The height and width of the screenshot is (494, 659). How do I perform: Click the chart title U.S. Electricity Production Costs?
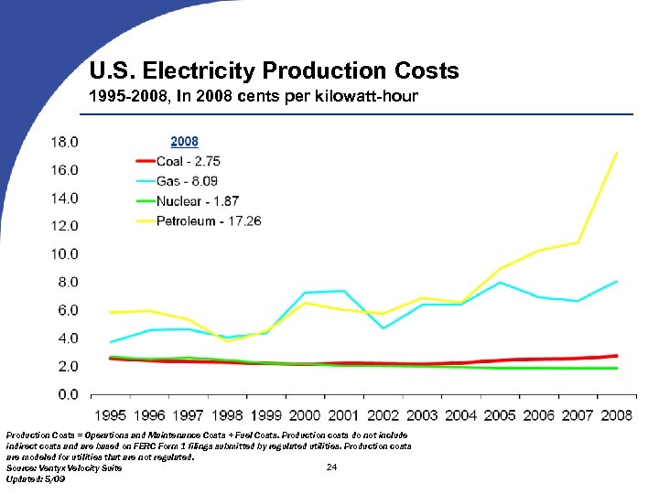coord(274,70)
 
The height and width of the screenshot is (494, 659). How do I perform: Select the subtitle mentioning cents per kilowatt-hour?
coord(254,96)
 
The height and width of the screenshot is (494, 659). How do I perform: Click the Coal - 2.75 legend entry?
coord(188,161)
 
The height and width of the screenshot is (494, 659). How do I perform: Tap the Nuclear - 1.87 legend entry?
coord(197,201)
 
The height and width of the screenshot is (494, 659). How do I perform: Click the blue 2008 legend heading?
coord(184,142)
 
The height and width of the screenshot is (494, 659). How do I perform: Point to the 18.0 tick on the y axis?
coord(63,143)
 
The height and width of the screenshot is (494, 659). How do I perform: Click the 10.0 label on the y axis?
coord(63,254)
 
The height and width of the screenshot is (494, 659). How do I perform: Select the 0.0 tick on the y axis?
coord(67,394)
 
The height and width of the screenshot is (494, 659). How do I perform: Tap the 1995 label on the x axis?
coord(111,415)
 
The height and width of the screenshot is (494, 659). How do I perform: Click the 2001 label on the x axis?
coord(344,415)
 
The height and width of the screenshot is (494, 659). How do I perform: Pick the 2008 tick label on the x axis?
coord(616,415)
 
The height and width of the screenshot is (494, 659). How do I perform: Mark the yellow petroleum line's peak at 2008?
coord(617,153)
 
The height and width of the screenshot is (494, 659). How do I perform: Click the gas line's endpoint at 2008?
coord(617,281)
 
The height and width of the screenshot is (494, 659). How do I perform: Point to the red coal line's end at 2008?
coord(617,356)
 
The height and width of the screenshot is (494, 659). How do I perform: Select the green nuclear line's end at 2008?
coord(617,368)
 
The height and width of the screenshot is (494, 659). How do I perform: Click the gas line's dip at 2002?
coord(384,328)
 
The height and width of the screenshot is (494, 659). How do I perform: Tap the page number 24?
coord(331,468)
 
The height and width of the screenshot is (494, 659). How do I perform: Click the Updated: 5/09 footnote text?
coord(36,479)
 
